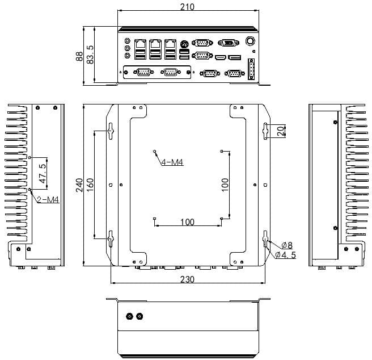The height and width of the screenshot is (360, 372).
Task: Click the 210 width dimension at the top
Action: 187,7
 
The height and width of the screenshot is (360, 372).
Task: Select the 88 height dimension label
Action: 79,56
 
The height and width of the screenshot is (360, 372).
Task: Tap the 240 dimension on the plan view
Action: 80,185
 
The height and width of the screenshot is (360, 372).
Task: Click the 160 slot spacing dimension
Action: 90,185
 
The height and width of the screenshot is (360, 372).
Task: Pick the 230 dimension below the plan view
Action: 187,279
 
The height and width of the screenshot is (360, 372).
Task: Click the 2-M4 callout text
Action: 48,199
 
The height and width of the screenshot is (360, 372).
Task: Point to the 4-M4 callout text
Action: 172,162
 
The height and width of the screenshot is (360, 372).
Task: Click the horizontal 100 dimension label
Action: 187,222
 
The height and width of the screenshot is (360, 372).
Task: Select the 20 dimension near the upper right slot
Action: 280,130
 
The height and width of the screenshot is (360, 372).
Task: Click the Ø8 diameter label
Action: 287,245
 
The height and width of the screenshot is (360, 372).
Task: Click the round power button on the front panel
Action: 250,41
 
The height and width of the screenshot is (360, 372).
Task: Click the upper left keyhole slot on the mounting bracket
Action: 111,130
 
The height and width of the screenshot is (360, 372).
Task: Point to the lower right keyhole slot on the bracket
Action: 264,239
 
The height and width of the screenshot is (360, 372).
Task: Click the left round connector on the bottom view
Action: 130,316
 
